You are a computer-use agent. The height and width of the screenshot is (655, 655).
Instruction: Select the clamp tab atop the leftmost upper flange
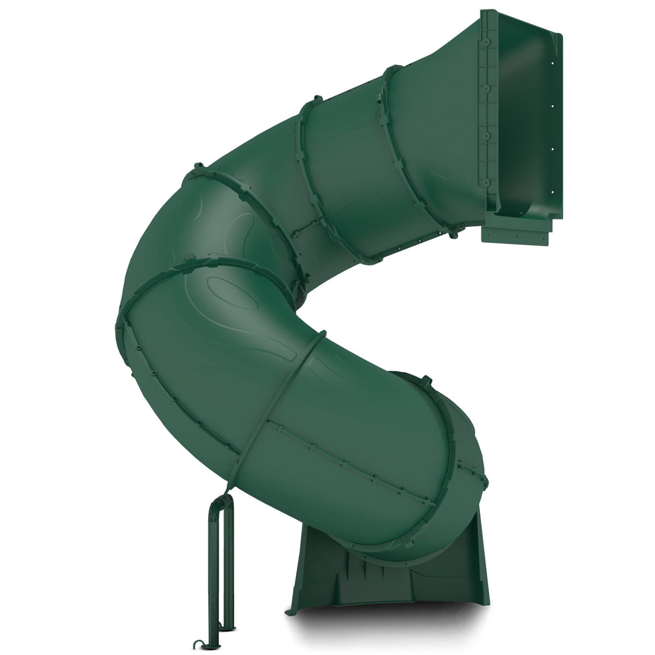(x=195, y=166)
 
